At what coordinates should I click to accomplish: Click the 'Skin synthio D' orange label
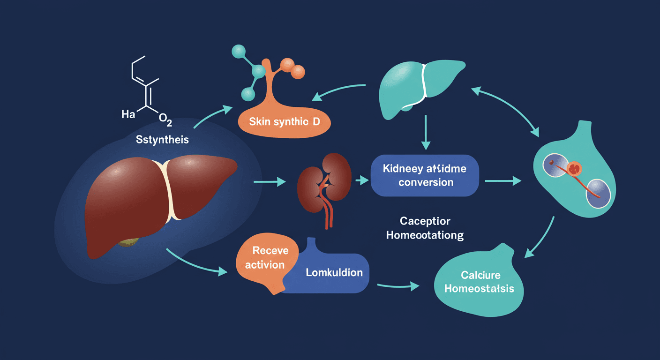[x=284, y=122]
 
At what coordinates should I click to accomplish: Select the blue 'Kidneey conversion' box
[x=425, y=175]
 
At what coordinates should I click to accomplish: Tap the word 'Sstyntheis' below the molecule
[x=162, y=140]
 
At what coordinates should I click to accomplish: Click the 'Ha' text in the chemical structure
[x=128, y=114]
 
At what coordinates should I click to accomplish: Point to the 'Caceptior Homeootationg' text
[x=425, y=228]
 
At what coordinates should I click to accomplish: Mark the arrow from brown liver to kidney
[x=269, y=181]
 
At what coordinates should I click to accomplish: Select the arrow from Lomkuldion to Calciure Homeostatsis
[x=398, y=285]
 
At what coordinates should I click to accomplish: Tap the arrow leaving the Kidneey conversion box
[x=503, y=180]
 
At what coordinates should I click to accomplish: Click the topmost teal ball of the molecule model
[x=240, y=51]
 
